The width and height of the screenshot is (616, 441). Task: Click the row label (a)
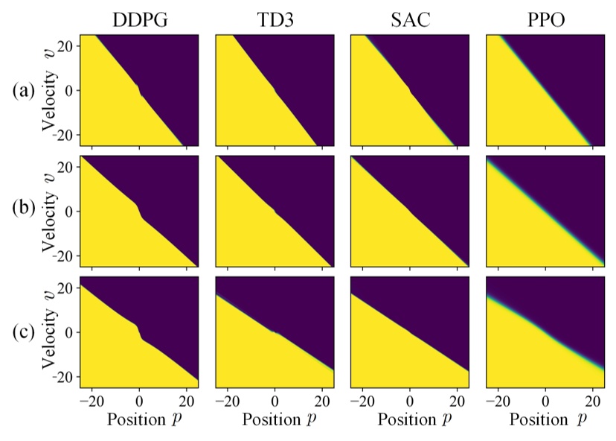point(22,91)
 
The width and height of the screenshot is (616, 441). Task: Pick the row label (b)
point(22,212)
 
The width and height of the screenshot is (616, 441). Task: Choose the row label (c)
point(22,332)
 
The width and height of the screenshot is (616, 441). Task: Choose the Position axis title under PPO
point(551,419)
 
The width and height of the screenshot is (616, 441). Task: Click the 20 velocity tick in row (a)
point(65,45)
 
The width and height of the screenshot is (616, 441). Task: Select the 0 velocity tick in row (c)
point(68,332)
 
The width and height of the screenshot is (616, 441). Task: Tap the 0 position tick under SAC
point(409,399)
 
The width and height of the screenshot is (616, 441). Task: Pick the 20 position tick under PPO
point(592,399)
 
